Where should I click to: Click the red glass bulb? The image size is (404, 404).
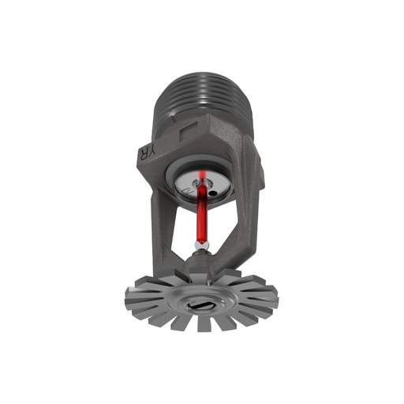pos(202,217)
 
